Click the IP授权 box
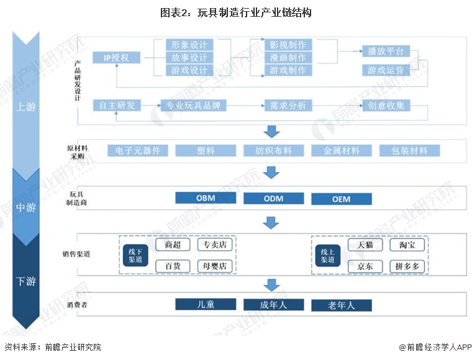pos(116,58)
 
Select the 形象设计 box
pos(189,45)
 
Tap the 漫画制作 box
pos(288,57)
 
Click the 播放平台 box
pos(385,51)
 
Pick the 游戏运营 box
pos(385,70)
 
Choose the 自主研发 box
pos(116,106)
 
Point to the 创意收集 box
pos(386,106)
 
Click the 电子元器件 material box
pos(138,151)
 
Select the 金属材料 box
pos(341,151)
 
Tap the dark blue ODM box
pos(273,199)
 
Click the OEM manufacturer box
pos(341,199)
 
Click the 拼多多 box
pos(407,266)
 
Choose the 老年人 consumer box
pos(341,305)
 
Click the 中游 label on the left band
pos(25,207)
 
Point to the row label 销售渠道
pos(80,254)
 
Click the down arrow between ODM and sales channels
pos(271,222)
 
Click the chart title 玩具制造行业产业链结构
pos(235,12)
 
